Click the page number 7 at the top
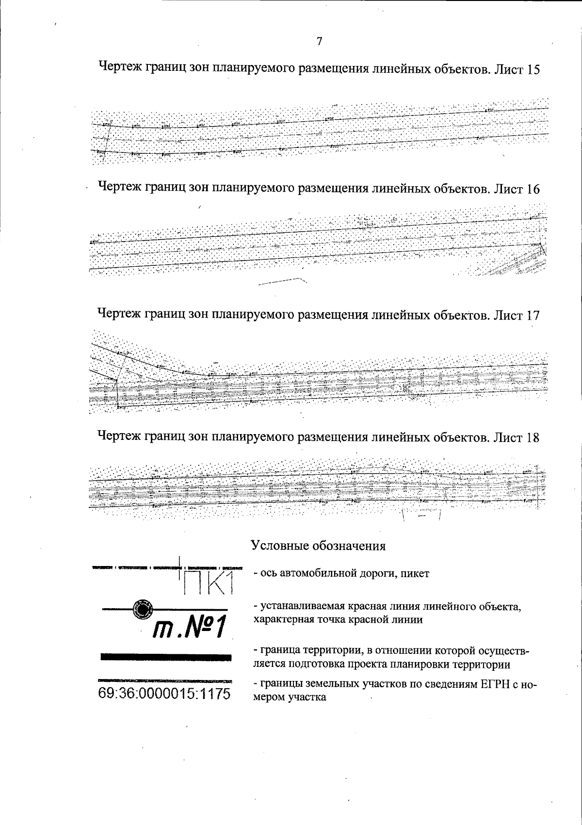pyautogui.click(x=319, y=42)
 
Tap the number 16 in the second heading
pyautogui.click(x=533, y=189)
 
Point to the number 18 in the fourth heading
pyautogui.click(x=533, y=437)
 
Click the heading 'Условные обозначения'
pyautogui.click(x=318, y=546)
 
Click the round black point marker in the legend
pyautogui.click(x=143, y=608)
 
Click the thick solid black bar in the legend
pyautogui.click(x=165, y=657)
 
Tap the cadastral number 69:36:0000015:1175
pyautogui.click(x=164, y=693)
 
